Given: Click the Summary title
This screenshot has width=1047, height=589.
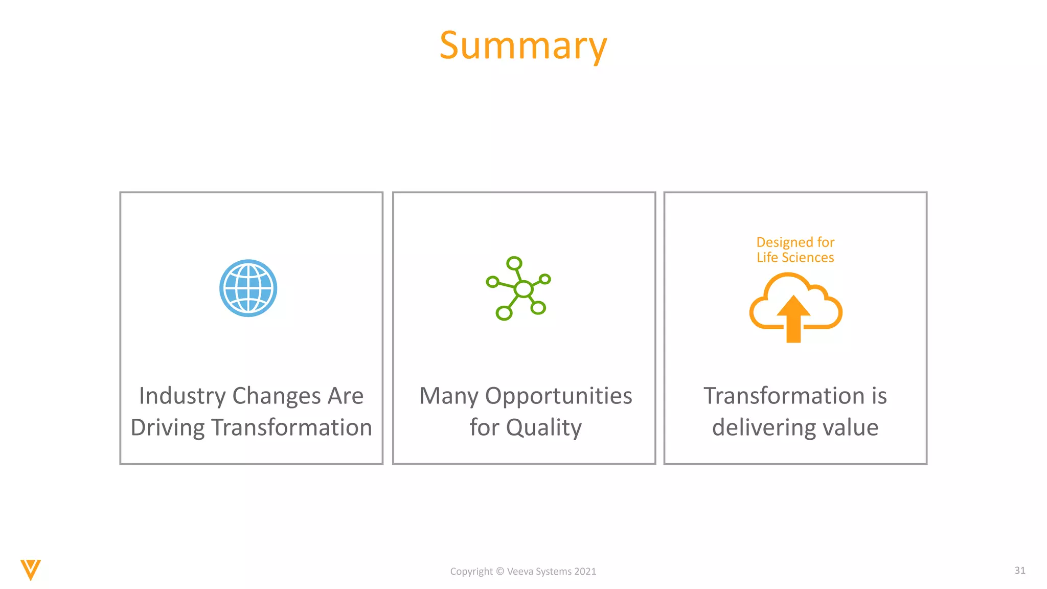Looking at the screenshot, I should pos(523,46).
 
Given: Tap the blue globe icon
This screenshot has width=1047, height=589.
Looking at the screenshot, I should pos(248,288).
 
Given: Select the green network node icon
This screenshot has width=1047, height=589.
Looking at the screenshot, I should pos(518,288).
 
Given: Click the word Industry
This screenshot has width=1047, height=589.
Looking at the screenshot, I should pos(182,396).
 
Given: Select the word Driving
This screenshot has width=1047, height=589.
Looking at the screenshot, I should pos(168,428).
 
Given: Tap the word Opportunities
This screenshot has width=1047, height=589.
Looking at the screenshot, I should pos(558,396).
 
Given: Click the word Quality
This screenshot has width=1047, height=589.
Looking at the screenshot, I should pos(544,428).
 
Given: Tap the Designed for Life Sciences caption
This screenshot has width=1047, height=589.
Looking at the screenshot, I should pos(795,250).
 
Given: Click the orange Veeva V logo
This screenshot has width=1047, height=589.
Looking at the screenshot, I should pos(31,570).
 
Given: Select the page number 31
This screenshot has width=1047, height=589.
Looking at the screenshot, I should pos(1019,571).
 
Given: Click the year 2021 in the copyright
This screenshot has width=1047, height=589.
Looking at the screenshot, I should pos(585,572).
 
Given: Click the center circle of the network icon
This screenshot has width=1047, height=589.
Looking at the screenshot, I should pos(523,289).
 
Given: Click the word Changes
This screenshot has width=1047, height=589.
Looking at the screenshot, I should pos(277,396).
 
